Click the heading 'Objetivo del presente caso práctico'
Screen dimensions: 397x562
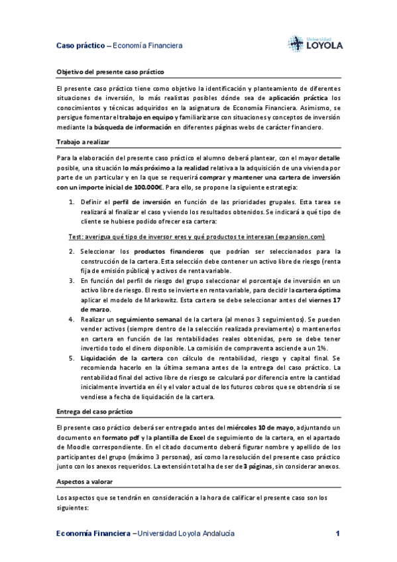pos(110,71)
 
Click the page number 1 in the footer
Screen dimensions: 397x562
pos(337,534)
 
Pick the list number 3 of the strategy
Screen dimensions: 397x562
pos(72,280)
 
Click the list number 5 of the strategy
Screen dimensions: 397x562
pos(72,358)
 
